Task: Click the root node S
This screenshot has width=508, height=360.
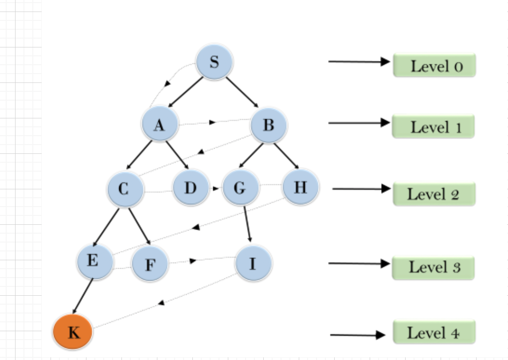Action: pyautogui.click(x=215, y=62)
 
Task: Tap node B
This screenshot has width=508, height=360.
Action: pyautogui.click(x=269, y=125)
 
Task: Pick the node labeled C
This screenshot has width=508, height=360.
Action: pyautogui.click(x=125, y=189)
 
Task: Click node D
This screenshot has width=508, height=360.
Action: pyautogui.click(x=191, y=188)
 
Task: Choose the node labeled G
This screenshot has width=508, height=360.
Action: pyautogui.click(x=240, y=188)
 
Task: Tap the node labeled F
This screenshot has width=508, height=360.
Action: pyautogui.click(x=150, y=264)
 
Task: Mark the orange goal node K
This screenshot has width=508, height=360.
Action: pyautogui.click(x=73, y=332)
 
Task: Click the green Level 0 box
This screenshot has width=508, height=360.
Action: pyautogui.click(x=434, y=66)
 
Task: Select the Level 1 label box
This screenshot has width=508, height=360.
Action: pyautogui.click(x=433, y=127)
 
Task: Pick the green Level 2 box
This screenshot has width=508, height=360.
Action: pyautogui.click(x=434, y=194)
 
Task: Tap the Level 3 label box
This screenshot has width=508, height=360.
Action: pyautogui.click(x=433, y=267)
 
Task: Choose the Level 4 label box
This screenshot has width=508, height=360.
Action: pyautogui.click(x=434, y=332)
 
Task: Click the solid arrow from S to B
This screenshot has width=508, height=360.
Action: pyautogui.click(x=242, y=92)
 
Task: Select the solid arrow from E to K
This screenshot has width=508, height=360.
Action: pyautogui.click(x=83, y=296)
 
